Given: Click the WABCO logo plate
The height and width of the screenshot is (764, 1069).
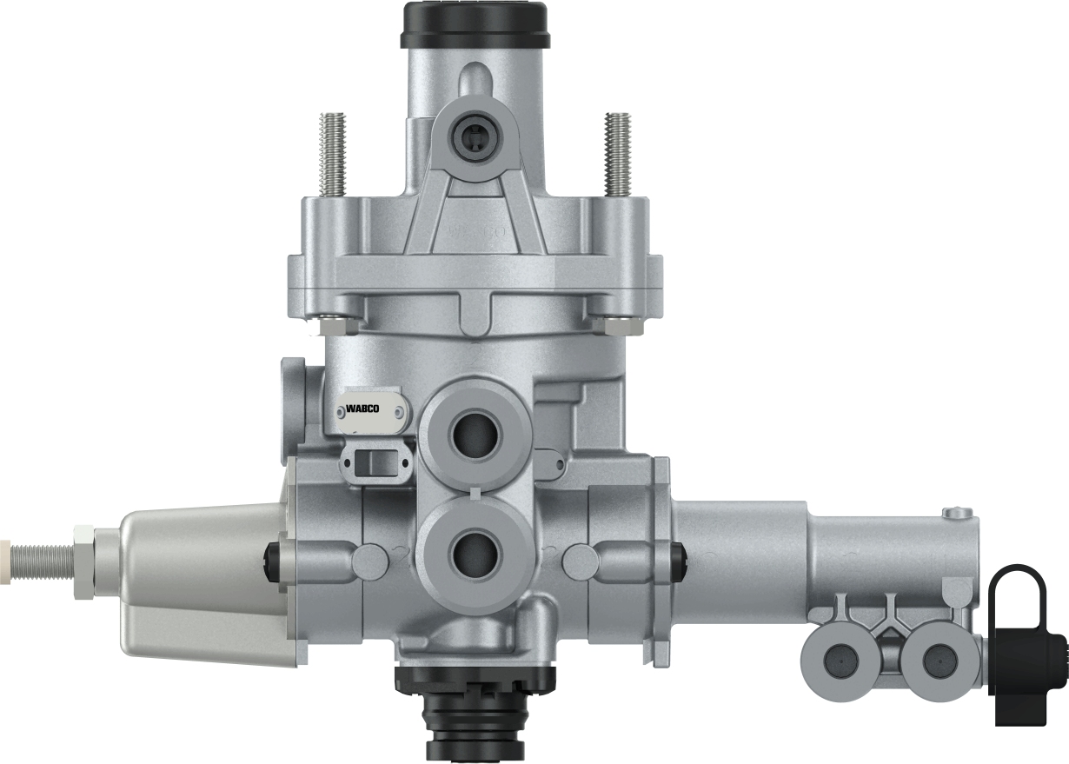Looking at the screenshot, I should pyautogui.click(x=366, y=409).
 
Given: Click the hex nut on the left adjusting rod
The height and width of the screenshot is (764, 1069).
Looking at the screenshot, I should pyautogui.click(x=84, y=550).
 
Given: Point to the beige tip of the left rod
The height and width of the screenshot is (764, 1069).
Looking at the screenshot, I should pyautogui.click(x=6, y=550).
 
